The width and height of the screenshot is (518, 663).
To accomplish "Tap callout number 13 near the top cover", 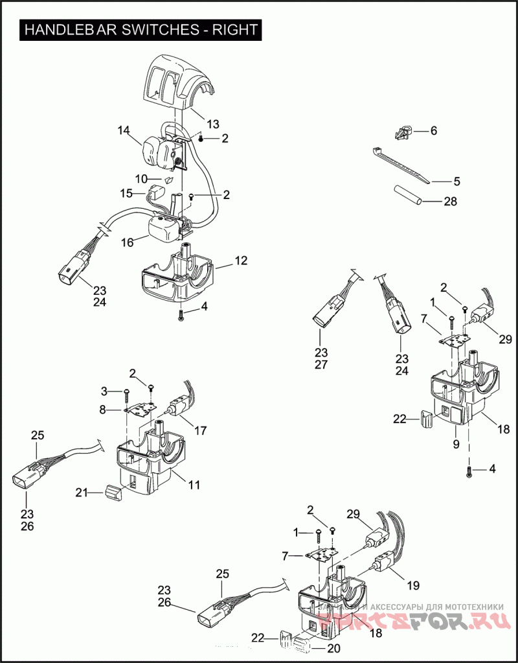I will (x=213, y=124).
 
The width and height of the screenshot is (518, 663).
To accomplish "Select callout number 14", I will (x=124, y=130).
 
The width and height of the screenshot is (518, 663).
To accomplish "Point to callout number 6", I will (x=433, y=130).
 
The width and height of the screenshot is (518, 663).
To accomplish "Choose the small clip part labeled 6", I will (x=401, y=133).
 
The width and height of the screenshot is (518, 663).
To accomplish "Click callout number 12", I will (x=241, y=261).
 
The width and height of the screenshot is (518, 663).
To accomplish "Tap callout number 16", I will (x=127, y=242).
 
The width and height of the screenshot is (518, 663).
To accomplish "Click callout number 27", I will (x=322, y=364).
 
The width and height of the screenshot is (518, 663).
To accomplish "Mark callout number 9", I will (x=456, y=445).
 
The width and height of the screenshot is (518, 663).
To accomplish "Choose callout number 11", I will (x=194, y=483).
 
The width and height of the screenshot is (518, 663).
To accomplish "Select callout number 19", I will (x=412, y=585).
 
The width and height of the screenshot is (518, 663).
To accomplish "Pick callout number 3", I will (x=105, y=391).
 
